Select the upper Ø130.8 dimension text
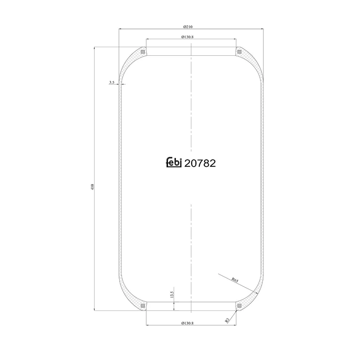(191, 37)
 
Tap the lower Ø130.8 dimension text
(191, 322)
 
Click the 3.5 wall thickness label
(112, 83)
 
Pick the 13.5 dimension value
(171, 294)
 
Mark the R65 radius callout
(235, 280)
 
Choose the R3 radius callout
(228, 320)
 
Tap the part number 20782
(200, 163)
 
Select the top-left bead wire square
(143, 52)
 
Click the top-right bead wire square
(239, 52)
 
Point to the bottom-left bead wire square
(143, 306)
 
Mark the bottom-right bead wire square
(239, 306)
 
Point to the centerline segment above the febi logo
(191, 103)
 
